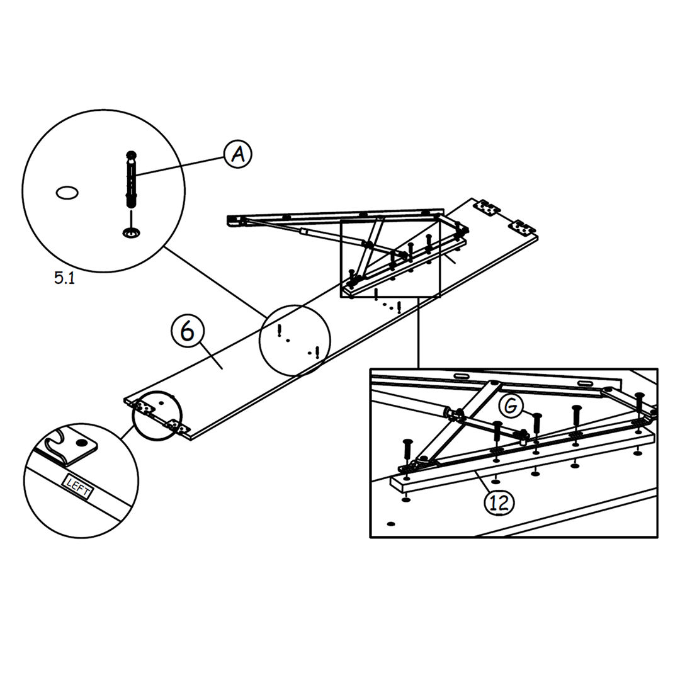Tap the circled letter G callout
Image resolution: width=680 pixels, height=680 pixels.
(511, 407)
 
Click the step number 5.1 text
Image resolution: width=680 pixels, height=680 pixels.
(64, 278)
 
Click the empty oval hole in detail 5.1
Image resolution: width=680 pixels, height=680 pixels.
(67, 193)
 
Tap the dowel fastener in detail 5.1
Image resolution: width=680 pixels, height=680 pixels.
(131, 180)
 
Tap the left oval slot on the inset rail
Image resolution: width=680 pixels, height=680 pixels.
(463, 376)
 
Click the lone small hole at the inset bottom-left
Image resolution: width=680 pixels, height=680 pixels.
(390, 523)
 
